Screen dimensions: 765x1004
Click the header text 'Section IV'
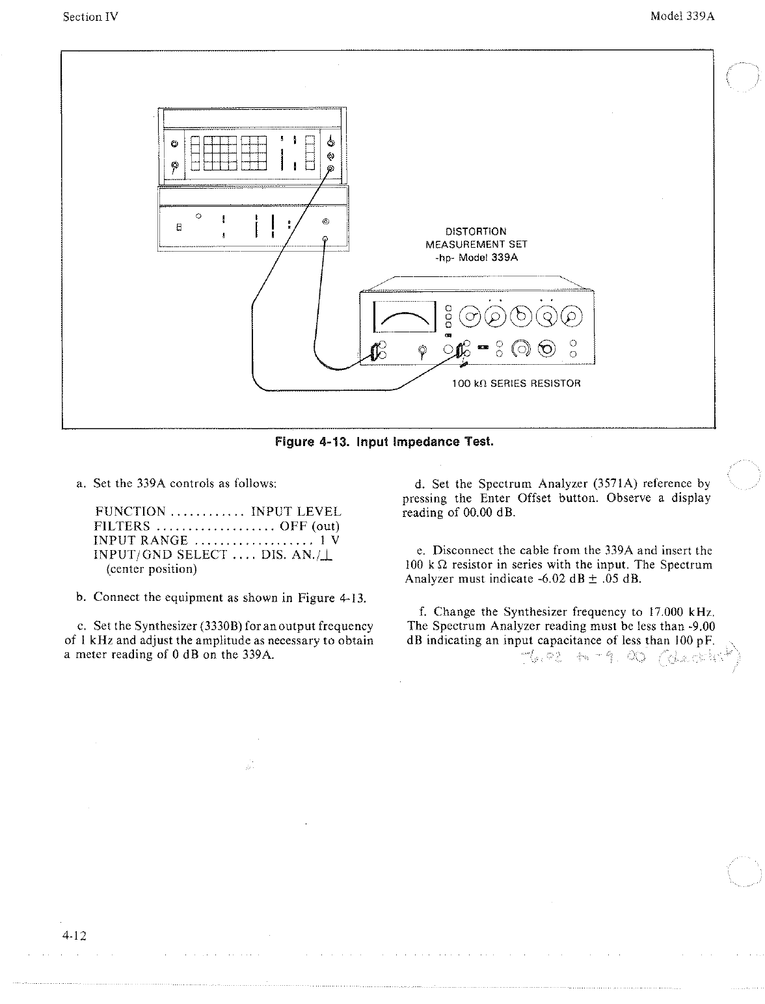click(x=90, y=17)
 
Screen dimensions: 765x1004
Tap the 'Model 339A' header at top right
click(x=682, y=16)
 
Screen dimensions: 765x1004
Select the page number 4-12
click(x=75, y=936)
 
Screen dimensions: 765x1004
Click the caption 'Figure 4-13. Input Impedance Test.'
click(x=384, y=442)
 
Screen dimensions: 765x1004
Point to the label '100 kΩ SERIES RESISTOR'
click(x=516, y=383)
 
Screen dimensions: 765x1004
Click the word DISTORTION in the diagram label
click(x=476, y=231)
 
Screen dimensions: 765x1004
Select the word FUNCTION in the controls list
click(x=129, y=512)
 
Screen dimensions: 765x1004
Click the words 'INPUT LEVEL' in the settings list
click(x=296, y=512)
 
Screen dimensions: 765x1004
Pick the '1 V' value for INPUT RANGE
click(x=330, y=540)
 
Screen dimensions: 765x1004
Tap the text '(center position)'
click(x=150, y=569)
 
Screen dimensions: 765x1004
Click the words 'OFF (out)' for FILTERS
click(x=310, y=526)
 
